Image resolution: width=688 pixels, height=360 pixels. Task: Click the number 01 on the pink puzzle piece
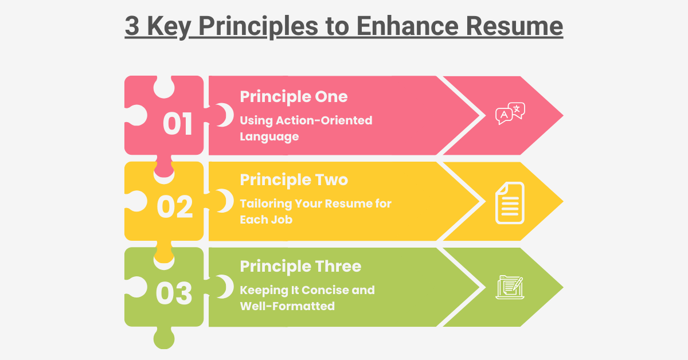coord(178,123)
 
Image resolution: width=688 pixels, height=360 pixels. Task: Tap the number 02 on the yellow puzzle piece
coord(175,207)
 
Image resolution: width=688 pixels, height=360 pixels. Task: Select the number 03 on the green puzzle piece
coord(174,294)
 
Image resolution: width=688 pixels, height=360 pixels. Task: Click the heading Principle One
coord(294,97)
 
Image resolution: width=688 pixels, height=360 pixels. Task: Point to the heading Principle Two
coord(294,179)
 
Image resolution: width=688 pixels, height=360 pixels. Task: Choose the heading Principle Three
coord(300,266)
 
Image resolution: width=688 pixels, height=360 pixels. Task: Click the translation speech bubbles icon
coord(510,114)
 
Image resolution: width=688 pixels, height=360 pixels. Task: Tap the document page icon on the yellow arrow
coord(510,203)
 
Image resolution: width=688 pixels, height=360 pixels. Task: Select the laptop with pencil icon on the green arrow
coord(510,287)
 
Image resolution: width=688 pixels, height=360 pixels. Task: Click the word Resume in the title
coord(514,26)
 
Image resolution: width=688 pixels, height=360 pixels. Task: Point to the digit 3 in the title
coord(132,26)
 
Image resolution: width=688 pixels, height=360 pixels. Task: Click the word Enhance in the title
coord(408,26)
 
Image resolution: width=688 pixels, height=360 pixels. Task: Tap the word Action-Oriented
coord(324,120)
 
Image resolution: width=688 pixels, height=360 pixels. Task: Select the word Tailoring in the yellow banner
coord(265,204)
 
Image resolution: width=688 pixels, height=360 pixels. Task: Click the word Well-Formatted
coord(287,306)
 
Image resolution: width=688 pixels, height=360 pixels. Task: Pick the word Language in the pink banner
coord(269,137)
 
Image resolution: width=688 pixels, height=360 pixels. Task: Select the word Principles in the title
coord(259,27)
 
